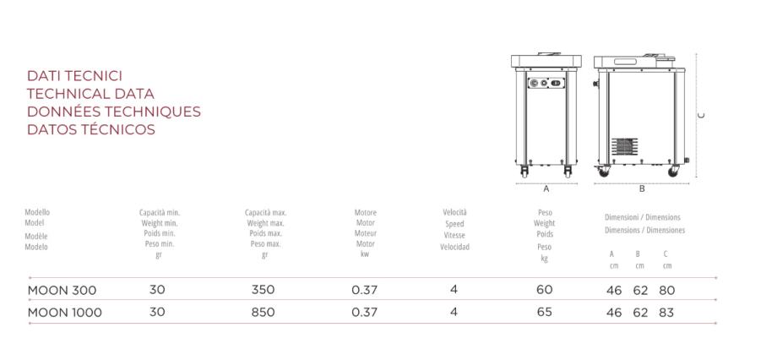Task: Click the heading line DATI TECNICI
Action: tap(74, 76)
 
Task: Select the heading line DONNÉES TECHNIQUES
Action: tap(114, 112)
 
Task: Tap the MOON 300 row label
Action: tap(62, 290)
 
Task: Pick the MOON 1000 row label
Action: tap(65, 313)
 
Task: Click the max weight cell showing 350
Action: tap(264, 290)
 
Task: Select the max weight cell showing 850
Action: tap(264, 313)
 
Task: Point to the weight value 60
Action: tap(544, 290)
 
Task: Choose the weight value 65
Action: tap(544, 313)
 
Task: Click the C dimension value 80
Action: tap(667, 291)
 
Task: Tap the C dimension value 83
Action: tap(667, 313)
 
